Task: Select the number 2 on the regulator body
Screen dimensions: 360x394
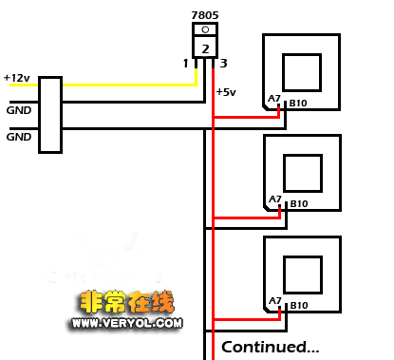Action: (204, 47)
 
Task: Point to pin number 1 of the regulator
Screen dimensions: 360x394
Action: (186, 64)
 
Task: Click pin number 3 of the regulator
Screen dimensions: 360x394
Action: (223, 64)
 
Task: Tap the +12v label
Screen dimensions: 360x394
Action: (16, 77)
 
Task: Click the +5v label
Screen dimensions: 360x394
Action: (227, 92)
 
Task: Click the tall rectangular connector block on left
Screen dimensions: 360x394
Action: (50, 114)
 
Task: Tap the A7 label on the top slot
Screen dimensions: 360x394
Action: (274, 100)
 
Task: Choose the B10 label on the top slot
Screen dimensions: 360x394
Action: (298, 102)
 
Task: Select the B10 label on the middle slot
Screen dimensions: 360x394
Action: (299, 203)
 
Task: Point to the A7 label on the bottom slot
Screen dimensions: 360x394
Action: (274, 301)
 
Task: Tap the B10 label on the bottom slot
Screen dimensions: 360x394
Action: (298, 305)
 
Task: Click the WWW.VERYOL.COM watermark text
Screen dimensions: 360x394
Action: (124, 323)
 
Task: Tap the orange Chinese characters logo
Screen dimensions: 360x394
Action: (123, 305)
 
